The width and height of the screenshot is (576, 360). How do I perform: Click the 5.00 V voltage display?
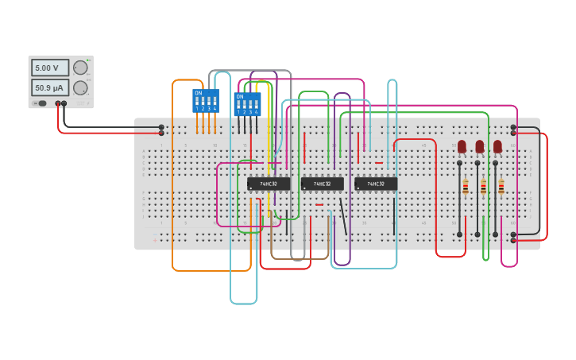(x=49, y=68)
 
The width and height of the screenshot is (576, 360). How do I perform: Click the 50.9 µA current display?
(x=49, y=87)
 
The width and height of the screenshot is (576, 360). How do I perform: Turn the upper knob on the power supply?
(x=80, y=68)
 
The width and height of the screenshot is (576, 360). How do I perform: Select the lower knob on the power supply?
(x=80, y=87)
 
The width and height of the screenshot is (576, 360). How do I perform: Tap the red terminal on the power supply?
(x=58, y=103)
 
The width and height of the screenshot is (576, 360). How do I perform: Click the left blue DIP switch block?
(x=205, y=101)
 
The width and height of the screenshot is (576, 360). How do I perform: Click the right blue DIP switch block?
(x=247, y=104)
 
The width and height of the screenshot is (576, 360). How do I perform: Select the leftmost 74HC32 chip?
(x=269, y=184)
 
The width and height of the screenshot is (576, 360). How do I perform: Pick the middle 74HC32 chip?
(x=322, y=184)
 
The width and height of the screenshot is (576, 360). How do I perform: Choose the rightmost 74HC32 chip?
(x=376, y=184)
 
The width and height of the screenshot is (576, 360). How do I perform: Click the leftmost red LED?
(x=462, y=146)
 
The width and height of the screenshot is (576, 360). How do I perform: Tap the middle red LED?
(x=480, y=146)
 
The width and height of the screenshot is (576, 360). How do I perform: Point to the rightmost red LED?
(x=497, y=146)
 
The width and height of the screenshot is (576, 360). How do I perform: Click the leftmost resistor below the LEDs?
(x=466, y=187)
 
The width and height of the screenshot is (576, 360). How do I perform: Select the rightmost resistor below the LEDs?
(x=501, y=187)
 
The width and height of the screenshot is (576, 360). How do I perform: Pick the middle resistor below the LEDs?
(x=483, y=187)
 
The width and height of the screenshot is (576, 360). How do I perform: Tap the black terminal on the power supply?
(x=64, y=103)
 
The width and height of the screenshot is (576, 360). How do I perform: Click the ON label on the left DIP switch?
(x=198, y=93)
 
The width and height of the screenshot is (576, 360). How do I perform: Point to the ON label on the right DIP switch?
(x=240, y=96)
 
